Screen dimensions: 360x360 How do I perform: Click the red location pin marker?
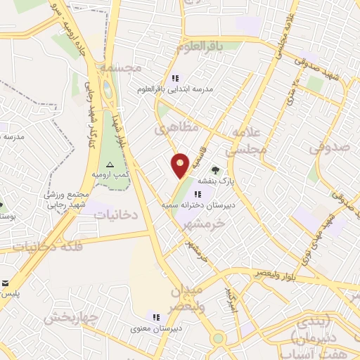coord(180,165)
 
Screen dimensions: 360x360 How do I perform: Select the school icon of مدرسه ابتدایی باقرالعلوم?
coord(176,78)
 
